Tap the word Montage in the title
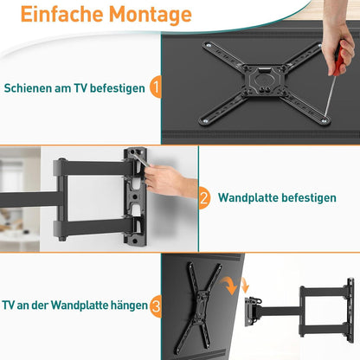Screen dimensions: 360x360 click(149, 15)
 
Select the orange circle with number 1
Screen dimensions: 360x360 click(154, 87)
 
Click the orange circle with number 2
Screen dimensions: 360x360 click(204, 197)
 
